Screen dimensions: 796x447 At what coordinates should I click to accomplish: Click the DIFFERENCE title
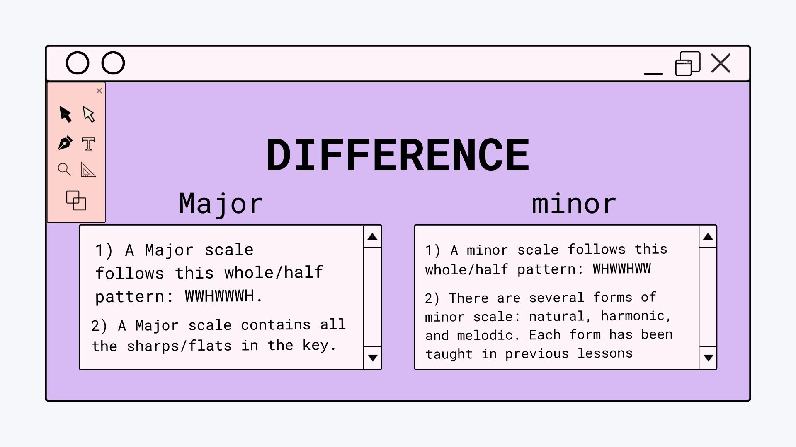[x=398, y=155]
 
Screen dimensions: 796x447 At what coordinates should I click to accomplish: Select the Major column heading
[x=221, y=204]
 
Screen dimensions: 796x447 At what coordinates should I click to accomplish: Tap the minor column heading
[x=574, y=204]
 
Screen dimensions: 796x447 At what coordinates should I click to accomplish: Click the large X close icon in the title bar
[x=721, y=63]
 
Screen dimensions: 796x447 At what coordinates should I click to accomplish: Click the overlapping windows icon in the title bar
[x=688, y=64]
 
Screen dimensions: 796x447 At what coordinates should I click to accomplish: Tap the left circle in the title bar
[x=78, y=63]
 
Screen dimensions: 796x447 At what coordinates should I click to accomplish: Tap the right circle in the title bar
[x=113, y=63]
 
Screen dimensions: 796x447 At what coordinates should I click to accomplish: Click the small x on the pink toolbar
[x=99, y=91]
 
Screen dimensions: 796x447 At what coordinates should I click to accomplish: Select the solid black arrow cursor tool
[x=66, y=114]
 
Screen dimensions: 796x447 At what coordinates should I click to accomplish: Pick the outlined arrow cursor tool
[x=89, y=114]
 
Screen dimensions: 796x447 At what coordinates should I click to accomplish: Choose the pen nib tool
[x=65, y=143]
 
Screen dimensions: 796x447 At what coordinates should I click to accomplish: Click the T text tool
[x=88, y=144]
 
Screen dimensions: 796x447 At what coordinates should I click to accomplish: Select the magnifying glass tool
[x=64, y=169]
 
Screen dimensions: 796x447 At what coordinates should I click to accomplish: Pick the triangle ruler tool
[x=88, y=170]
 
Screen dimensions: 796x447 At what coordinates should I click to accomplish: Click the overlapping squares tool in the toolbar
[x=76, y=200]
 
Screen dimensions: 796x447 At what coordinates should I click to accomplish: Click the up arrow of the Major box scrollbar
[x=372, y=236]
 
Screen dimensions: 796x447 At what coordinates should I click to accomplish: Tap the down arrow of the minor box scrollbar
[x=708, y=358]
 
